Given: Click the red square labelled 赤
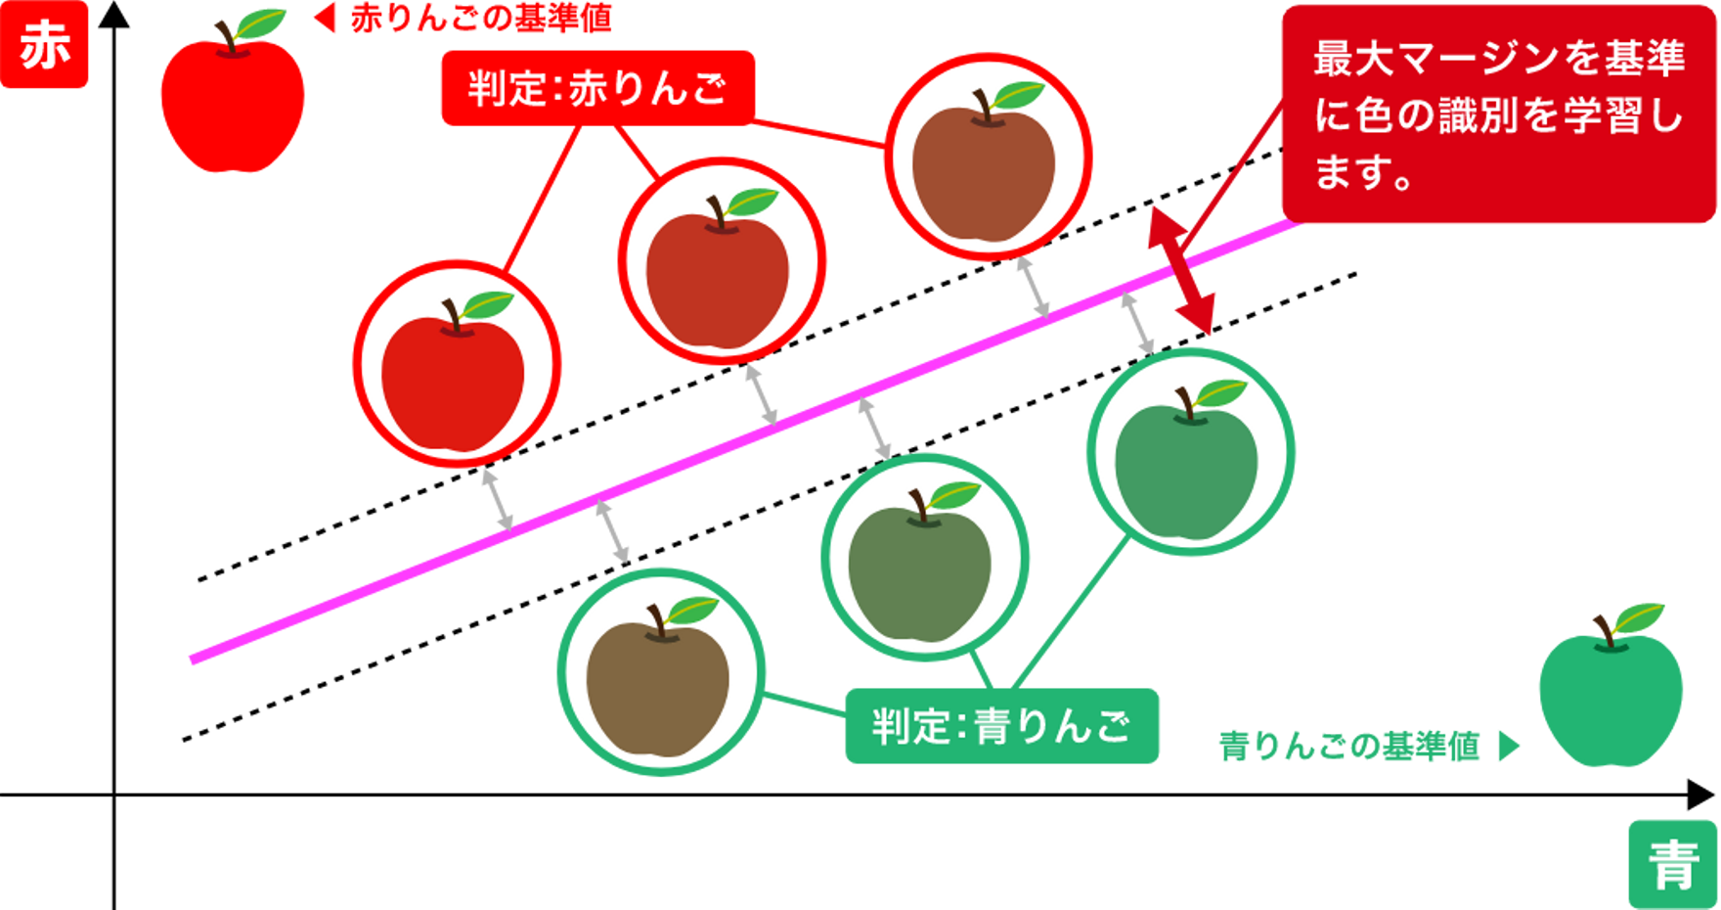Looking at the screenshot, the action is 45,45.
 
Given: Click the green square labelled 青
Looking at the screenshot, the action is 1672,863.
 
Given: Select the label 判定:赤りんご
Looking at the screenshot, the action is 596,89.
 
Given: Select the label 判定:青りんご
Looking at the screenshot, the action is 1001,726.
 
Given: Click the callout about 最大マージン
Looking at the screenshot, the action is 1498,114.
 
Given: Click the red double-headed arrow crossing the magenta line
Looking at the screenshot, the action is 1182,271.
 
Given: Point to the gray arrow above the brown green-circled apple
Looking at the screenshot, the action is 612,531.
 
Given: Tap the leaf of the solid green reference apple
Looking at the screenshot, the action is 1639,616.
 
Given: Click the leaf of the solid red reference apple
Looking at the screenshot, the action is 261,23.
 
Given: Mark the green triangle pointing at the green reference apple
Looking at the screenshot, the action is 1510,748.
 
